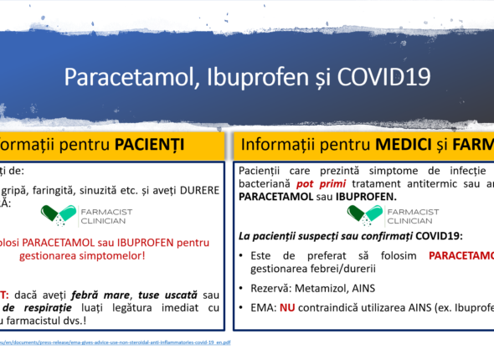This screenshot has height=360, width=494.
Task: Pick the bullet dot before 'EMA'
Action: click(x=243, y=308)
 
